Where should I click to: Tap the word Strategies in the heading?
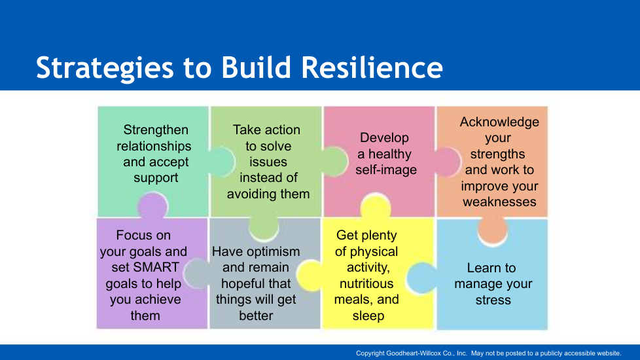click(105, 69)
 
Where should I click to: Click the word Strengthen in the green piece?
click(156, 130)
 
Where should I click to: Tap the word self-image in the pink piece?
click(386, 170)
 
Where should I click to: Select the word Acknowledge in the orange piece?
click(499, 122)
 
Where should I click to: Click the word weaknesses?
click(499, 202)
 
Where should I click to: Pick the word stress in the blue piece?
click(493, 300)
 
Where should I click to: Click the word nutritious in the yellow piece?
click(366, 283)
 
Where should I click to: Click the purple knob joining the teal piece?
click(152, 206)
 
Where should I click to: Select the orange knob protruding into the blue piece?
click(492, 230)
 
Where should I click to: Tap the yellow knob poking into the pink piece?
click(376, 206)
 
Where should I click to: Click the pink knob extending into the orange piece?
click(448, 162)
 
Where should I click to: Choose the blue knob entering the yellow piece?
click(421, 278)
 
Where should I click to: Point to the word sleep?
click(368, 316)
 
